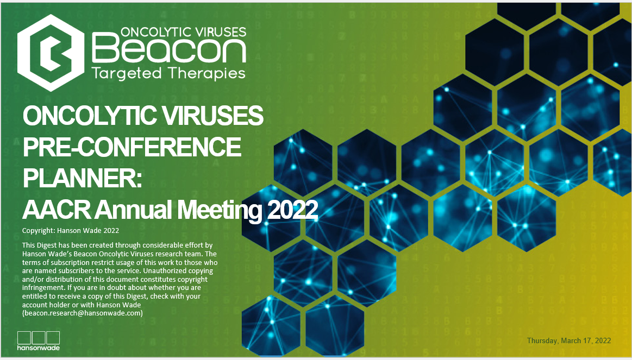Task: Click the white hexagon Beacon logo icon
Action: (51, 53)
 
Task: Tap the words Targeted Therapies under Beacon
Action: (168, 74)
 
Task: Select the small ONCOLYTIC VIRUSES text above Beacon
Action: (183, 32)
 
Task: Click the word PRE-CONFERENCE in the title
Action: (132, 147)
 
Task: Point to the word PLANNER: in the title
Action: (82, 178)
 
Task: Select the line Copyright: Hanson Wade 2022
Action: (71, 231)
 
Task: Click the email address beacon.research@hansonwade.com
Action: (83, 313)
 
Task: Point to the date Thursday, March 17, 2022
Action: (569, 340)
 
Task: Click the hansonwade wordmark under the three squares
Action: (38, 348)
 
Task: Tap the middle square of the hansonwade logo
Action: (38, 337)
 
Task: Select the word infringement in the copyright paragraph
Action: (45, 288)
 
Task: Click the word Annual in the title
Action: (134, 210)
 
